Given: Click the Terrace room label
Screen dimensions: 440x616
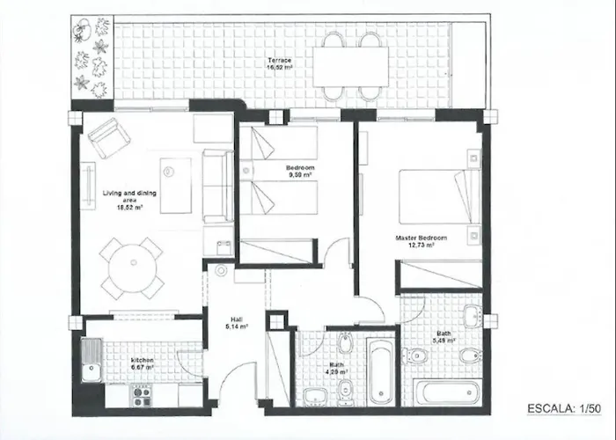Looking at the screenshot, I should click(280, 59).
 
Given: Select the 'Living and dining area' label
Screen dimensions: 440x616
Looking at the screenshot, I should click(129, 196).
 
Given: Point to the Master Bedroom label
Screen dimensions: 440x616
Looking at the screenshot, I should click(421, 238).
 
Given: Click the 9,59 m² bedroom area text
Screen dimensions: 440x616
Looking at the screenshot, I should click(299, 174).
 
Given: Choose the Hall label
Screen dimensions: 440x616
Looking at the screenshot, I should click(237, 319).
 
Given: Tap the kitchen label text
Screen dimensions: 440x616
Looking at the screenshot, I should click(142, 361).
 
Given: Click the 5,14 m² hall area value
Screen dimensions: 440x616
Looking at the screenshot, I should click(237, 326).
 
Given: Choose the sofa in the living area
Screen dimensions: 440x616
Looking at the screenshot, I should click(216, 186).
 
